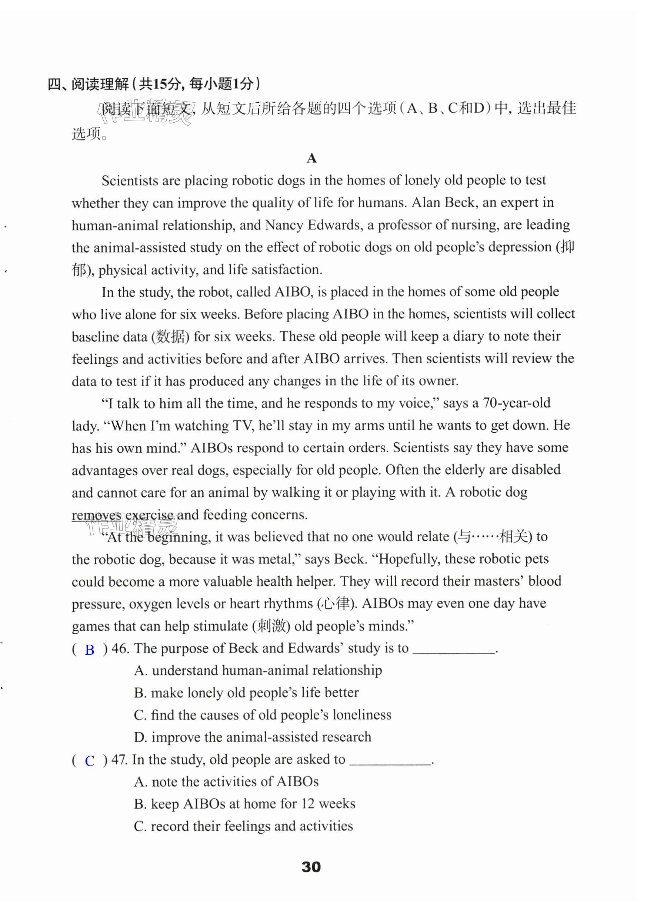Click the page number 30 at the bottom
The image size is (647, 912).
tap(311, 866)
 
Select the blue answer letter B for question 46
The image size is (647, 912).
tap(90, 650)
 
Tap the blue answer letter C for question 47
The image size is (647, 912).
tap(90, 761)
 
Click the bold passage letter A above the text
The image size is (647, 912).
tap(311, 158)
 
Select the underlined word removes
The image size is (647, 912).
tap(96, 515)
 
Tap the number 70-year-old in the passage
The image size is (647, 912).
tap(516, 403)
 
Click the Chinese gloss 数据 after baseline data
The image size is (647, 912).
tap(170, 337)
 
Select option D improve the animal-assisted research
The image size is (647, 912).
tap(253, 737)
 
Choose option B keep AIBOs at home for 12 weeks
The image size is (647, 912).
tap(245, 803)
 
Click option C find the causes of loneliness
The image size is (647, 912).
tap(263, 715)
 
